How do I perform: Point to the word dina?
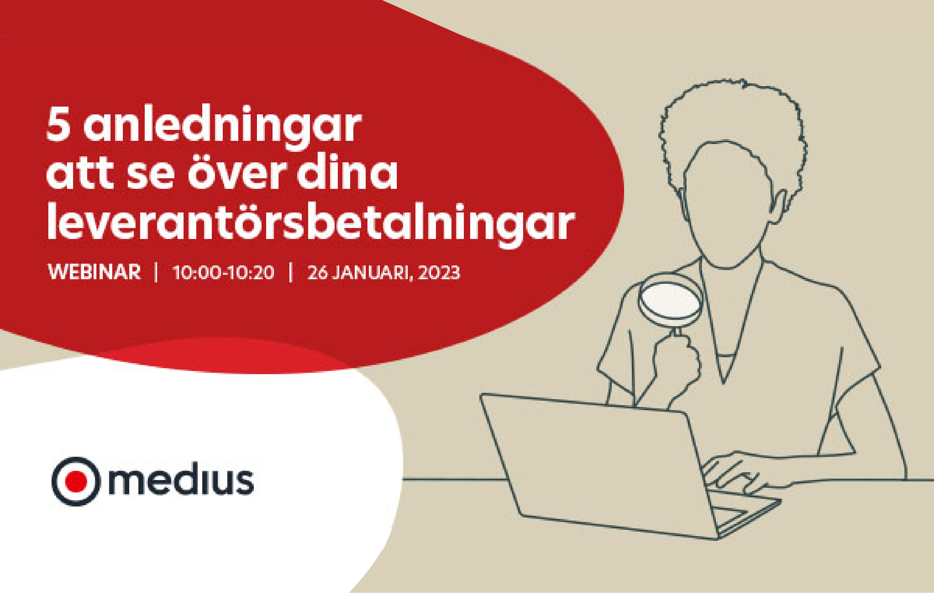tap(347, 173)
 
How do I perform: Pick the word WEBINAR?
tap(94, 272)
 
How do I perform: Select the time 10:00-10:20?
tap(223, 272)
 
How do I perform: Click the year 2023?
tap(439, 272)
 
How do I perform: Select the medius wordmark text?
tap(181, 480)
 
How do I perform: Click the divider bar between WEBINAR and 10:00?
tap(156, 272)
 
